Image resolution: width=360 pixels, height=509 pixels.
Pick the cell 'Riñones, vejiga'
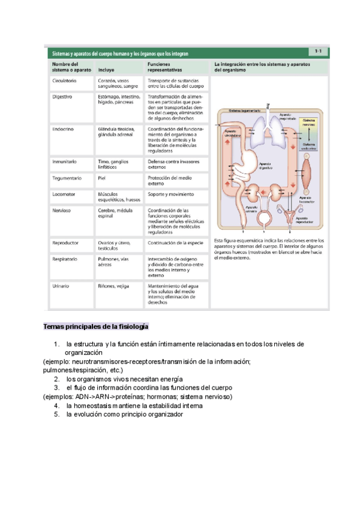point(114,287)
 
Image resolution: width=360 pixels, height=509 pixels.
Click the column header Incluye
point(106,70)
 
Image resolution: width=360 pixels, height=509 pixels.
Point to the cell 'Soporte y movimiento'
point(170,195)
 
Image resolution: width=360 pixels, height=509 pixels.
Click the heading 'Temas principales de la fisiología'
point(95,327)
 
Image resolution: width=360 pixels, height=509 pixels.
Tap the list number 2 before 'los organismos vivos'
point(56,379)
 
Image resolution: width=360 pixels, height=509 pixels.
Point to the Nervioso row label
point(62,211)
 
